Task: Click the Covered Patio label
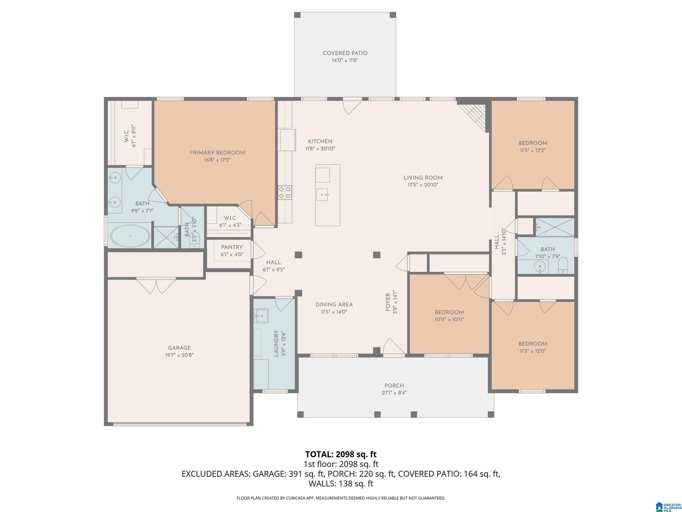coord(345,53)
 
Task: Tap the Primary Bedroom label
coord(217,153)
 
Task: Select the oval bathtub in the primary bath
coord(130,236)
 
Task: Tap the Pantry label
coord(232,247)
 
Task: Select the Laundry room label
coord(276,343)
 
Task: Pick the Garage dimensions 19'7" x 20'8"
coord(179,355)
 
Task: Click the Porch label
coord(394,386)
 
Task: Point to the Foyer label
coord(388,302)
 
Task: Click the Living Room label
coord(423,178)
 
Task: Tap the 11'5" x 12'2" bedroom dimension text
coord(532,151)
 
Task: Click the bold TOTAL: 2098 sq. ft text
coord(341,454)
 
